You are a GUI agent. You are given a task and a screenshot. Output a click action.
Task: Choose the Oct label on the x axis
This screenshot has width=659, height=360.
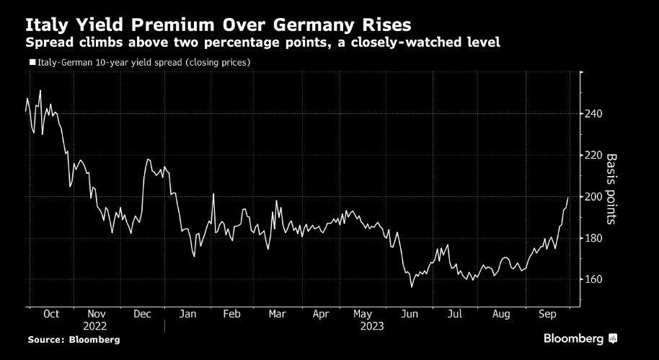[51, 315]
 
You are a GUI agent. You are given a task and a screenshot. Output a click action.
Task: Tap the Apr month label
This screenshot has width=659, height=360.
[321, 315]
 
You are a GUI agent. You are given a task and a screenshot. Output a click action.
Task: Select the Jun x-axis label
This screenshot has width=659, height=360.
[410, 315]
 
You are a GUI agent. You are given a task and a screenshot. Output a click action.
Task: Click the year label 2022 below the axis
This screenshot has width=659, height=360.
[96, 326]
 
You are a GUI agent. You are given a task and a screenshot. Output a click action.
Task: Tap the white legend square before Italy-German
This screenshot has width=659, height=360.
[32, 63]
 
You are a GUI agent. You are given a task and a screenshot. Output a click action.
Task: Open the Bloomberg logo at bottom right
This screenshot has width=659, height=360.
[580, 338]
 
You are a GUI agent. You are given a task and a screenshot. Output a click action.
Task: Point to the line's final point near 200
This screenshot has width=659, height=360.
[568, 197]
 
